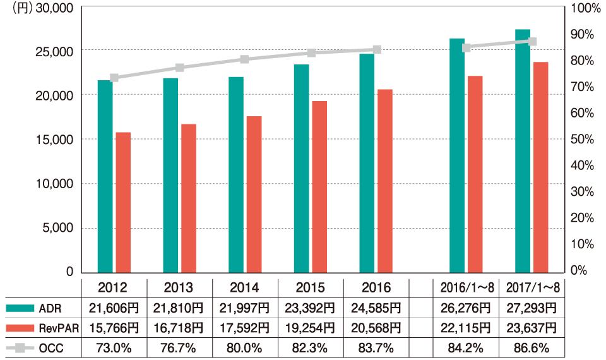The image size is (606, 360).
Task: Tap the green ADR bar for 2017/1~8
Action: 522,151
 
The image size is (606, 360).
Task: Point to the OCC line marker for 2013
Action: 179,68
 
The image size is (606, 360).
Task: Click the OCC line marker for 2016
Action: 376,49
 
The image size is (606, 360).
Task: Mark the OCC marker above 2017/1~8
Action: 532,42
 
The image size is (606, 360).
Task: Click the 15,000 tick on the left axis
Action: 54,140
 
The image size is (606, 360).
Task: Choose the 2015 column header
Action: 310,288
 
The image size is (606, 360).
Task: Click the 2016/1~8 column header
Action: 466,288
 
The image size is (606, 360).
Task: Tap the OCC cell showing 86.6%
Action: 532,348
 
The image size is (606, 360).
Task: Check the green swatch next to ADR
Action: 21,308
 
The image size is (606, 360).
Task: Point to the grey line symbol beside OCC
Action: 21,348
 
